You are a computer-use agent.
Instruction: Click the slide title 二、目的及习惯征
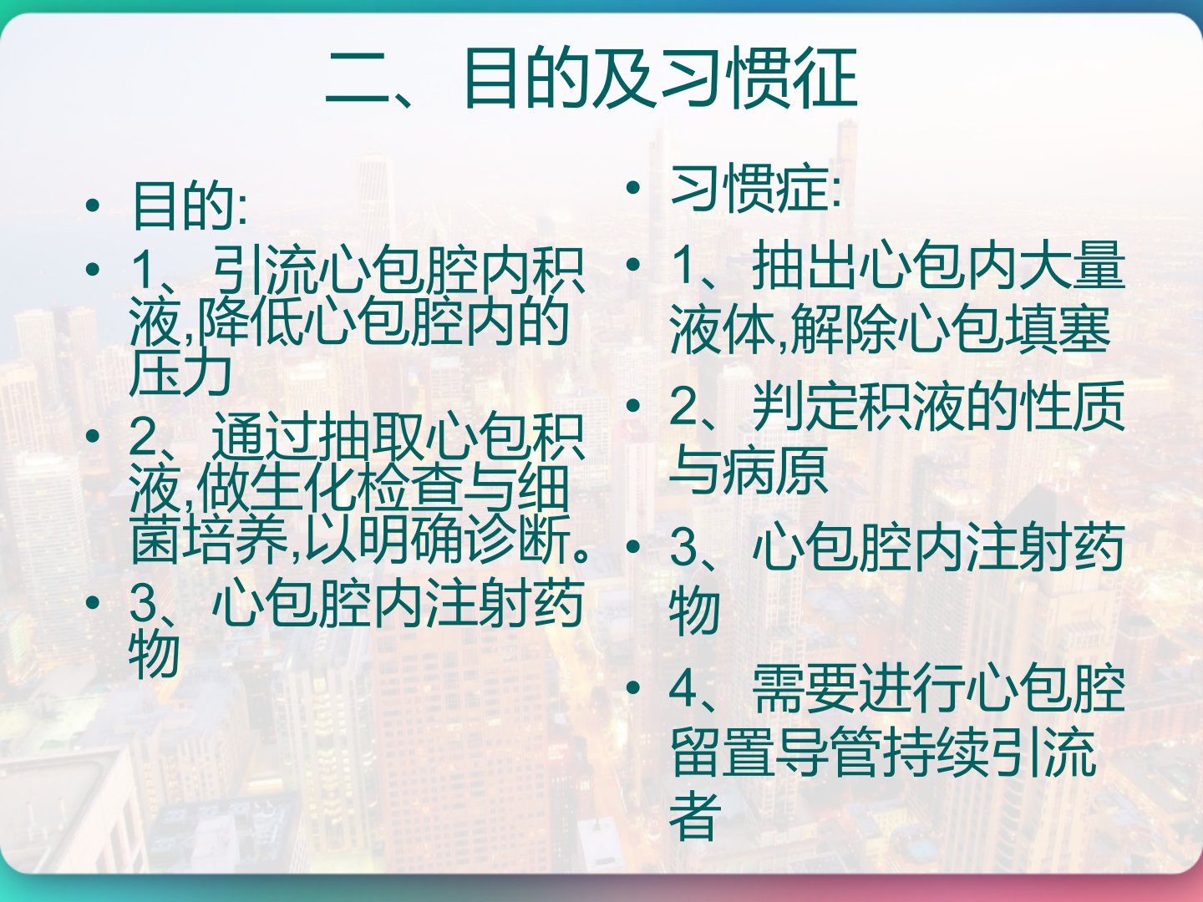click(x=591, y=78)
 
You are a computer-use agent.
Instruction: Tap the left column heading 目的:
click(x=190, y=205)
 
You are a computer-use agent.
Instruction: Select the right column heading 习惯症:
click(x=755, y=189)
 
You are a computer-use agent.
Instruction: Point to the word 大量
click(x=1074, y=266)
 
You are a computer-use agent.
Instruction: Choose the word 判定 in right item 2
click(x=805, y=407)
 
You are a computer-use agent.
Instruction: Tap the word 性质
click(x=1074, y=407)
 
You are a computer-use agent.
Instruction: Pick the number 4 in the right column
click(x=683, y=689)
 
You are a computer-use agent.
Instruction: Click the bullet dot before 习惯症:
click(x=633, y=188)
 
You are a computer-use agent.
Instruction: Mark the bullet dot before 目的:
click(x=93, y=206)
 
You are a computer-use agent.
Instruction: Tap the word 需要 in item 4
click(x=805, y=689)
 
